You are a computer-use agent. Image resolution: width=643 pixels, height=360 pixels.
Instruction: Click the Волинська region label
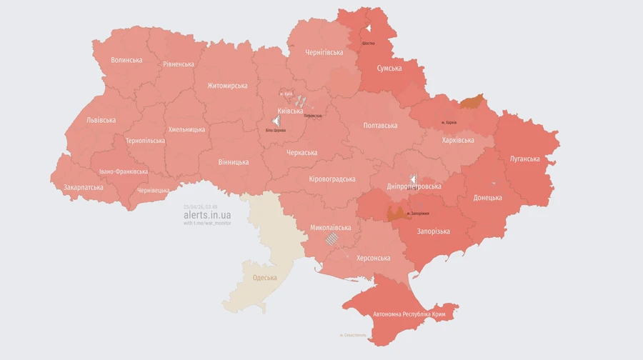(126, 60)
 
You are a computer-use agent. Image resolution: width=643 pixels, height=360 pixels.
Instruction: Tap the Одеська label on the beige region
(265, 277)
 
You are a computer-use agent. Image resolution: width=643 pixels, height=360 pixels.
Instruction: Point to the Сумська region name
(389, 69)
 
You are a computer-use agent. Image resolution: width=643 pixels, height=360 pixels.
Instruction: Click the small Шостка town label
(369, 43)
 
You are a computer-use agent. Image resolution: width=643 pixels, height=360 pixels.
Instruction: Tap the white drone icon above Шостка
(369, 29)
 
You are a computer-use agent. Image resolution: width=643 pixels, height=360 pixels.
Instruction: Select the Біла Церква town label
(276, 131)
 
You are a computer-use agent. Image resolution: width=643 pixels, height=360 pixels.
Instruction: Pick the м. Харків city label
(449, 122)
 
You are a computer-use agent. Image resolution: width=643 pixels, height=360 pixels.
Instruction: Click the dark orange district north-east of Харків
(471, 102)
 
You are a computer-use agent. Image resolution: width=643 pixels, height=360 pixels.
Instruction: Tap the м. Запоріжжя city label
(418, 213)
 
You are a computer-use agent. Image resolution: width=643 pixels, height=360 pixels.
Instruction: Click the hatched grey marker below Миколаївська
(331, 239)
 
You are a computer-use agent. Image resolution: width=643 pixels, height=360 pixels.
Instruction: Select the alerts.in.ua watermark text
(207, 215)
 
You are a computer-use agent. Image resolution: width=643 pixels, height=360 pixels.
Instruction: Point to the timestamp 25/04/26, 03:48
(200, 206)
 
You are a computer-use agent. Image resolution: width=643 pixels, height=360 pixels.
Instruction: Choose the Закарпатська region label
(83, 187)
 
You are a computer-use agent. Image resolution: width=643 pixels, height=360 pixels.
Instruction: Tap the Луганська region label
(524, 159)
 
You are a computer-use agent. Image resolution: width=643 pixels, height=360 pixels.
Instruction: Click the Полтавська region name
(380, 125)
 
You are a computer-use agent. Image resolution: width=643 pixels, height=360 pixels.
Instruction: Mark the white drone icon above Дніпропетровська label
(413, 178)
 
